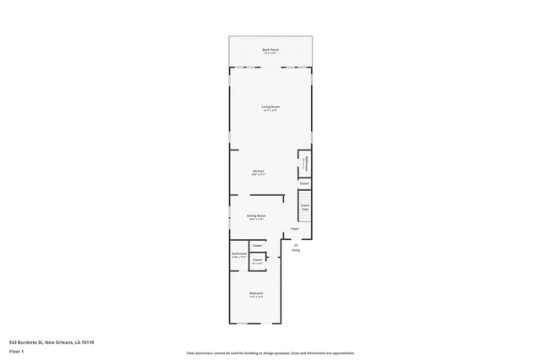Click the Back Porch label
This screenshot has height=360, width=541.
(270, 50)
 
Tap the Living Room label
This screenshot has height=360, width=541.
(270, 106)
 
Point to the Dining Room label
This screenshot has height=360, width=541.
(256, 215)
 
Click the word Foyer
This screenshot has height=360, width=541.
(295, 229)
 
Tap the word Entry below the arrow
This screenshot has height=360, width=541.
(296, 250)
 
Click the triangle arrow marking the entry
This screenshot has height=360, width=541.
(296, 244)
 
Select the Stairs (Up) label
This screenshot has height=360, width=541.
(304, 206)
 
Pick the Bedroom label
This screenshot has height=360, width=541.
(255, 293)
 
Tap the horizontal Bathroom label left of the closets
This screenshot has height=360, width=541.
(238, 254)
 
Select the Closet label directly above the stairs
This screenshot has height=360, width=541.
(304, 183)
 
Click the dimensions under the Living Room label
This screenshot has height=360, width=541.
(270, 111)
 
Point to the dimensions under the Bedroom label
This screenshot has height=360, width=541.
(255, 297)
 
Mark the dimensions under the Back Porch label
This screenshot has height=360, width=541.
(270, 54)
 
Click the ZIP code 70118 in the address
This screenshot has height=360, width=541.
(87, 342)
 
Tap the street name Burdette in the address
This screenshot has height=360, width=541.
(30, 342)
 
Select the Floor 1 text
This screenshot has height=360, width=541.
(16, 350)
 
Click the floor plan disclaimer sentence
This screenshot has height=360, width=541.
(270, 352)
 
